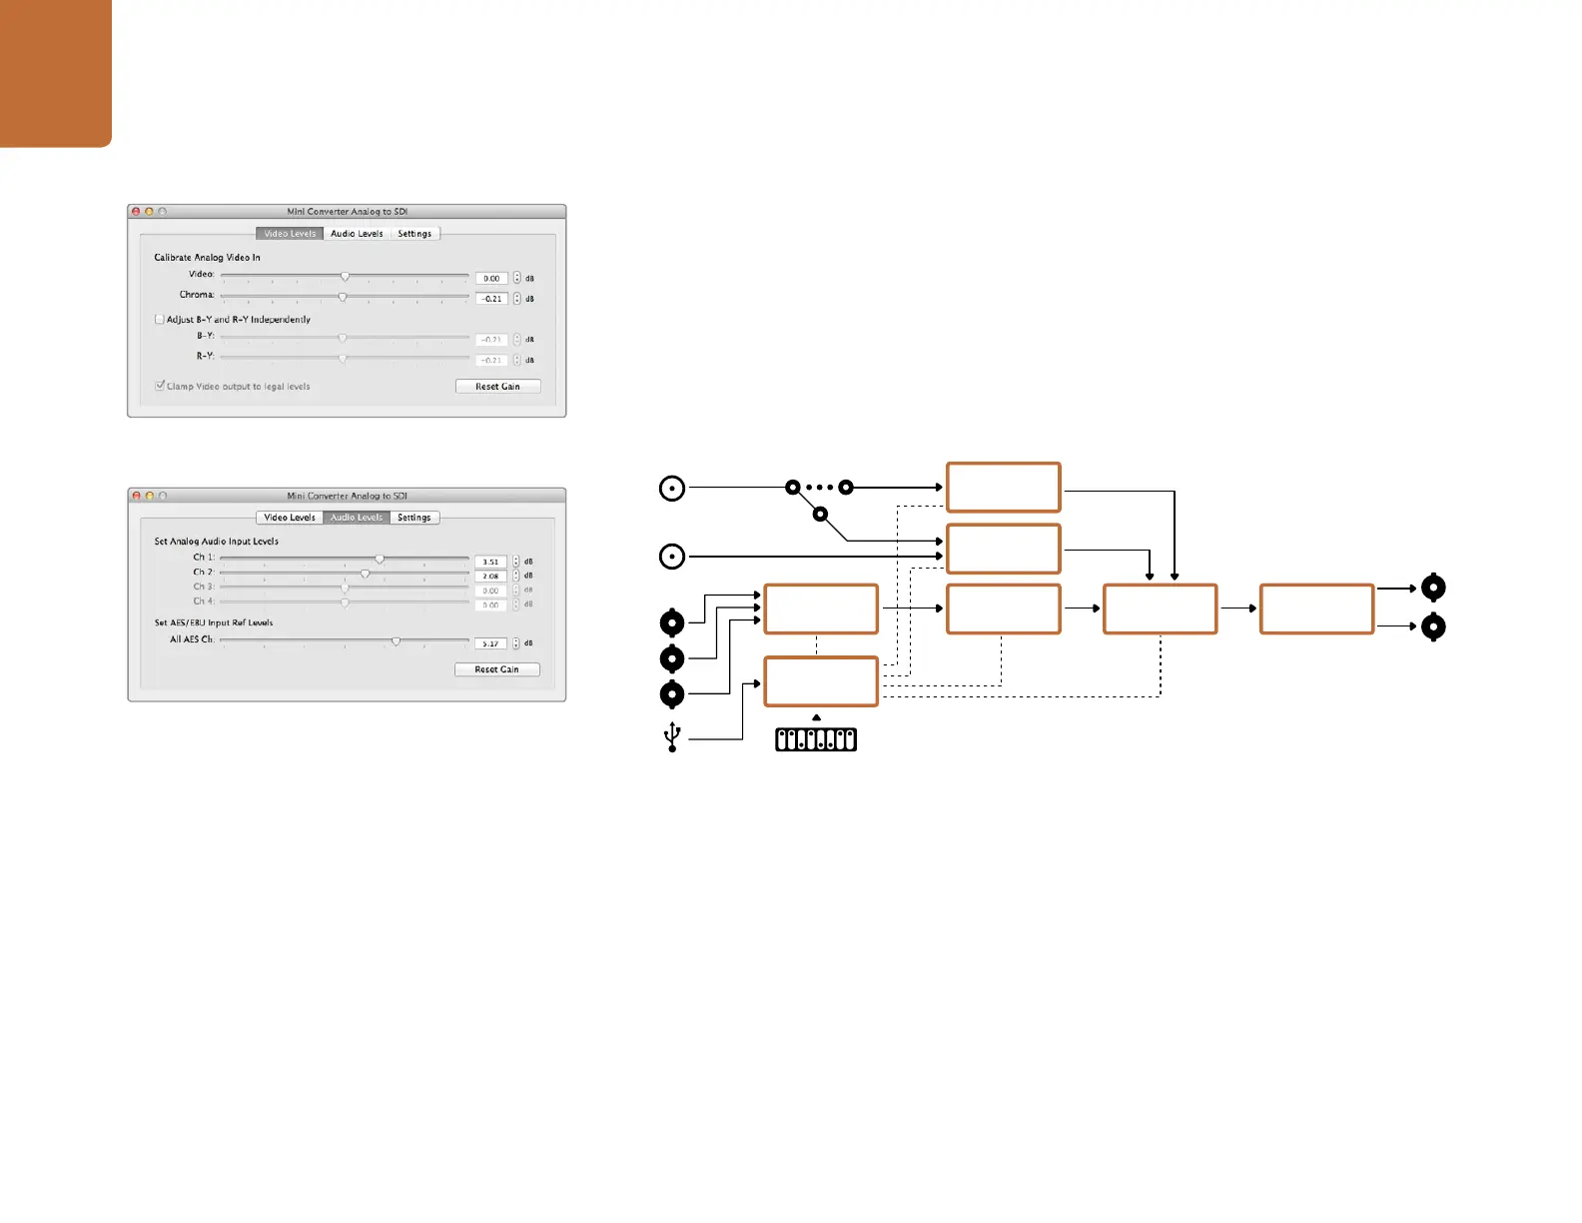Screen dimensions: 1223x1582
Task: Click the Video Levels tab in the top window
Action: point(290,234)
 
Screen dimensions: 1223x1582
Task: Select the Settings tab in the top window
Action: point(414,234)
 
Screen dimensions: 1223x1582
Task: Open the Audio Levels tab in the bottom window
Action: point(357,518)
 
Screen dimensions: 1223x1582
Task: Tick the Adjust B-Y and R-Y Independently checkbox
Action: point(160,320)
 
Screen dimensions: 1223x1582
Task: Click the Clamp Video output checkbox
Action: point(160,386)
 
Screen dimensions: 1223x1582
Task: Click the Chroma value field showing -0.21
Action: point(492,299)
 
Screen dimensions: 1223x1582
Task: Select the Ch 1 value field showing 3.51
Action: point(490,562)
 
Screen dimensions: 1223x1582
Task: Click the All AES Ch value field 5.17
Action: point(490,643)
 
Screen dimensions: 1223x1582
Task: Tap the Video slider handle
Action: point(345,277)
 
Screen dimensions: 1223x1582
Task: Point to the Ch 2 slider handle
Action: point(365,574)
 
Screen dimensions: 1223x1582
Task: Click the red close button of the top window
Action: point(136,212)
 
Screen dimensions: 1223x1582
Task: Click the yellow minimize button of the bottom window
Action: point(149,496)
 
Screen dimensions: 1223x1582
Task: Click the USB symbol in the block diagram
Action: point(672,736)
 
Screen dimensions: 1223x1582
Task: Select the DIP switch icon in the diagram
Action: point(816,739)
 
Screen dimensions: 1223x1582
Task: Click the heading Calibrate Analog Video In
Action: point(207,258)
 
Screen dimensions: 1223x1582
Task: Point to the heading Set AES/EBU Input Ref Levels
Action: point(214,622)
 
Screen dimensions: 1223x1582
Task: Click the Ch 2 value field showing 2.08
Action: point(490,577)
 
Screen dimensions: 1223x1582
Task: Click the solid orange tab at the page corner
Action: point(55,73)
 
